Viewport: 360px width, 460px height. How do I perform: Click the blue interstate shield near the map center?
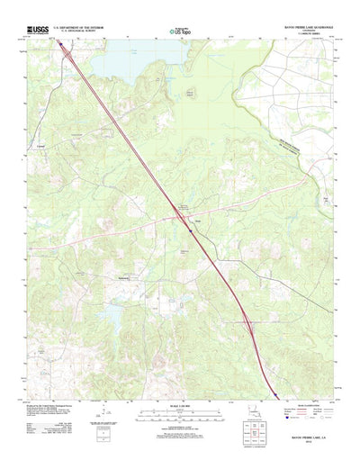click(191, 230)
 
